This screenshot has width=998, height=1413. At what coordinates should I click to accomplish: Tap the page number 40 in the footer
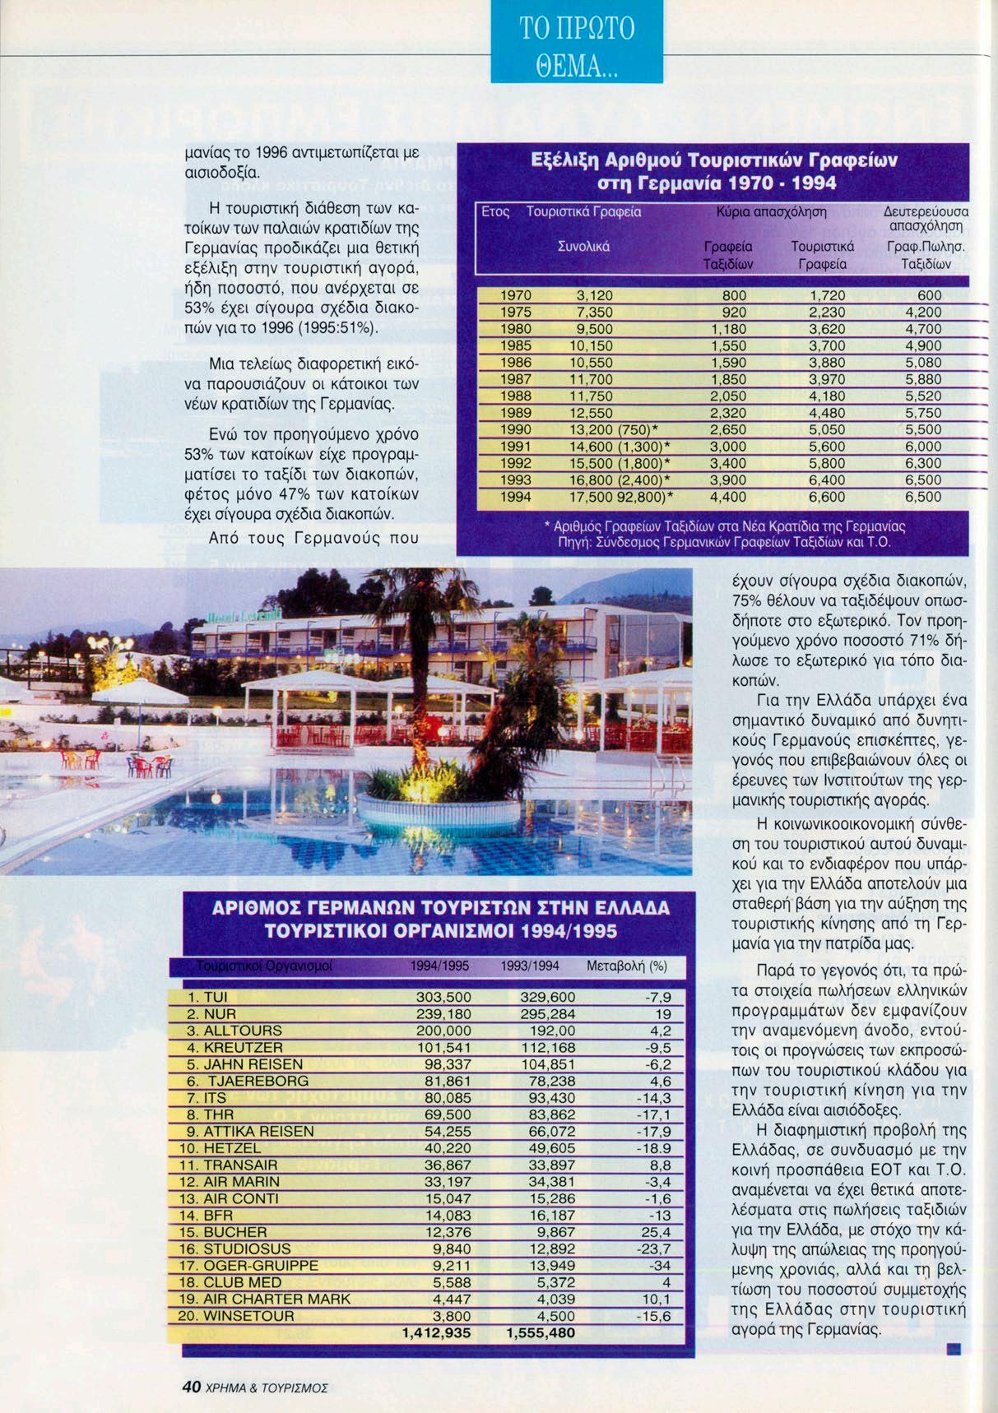point(192,1386)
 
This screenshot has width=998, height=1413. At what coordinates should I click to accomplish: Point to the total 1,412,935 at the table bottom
point(437,1332)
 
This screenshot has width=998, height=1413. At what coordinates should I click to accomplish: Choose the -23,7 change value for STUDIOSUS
point(655,1249)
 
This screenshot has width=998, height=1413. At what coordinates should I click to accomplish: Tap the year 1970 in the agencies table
point(515,295)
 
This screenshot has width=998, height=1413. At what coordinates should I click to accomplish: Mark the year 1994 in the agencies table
point(515,497)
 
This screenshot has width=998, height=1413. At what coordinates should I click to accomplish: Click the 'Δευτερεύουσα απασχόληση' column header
point(924,218)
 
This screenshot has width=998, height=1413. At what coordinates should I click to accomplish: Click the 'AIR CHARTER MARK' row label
point(265,1299)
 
